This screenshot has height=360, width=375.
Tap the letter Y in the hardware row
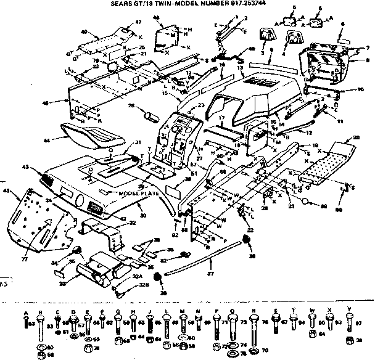pyautogui.click(x=350, y=310)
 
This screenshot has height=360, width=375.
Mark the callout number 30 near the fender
pyautogui.click(x=143, y=216)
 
